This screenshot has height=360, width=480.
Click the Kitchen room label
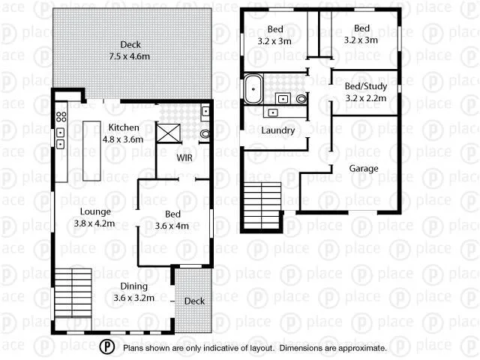tap(122, 127)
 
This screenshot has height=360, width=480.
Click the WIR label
tap(185, 158)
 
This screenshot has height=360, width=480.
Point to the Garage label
tap(364, 169)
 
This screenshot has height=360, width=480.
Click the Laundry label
tap(277, 130)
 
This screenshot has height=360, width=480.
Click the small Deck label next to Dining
tap(194, 301)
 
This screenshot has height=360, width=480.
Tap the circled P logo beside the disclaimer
tap(108, 346)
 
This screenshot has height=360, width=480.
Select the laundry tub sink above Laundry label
tap(272, 113)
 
